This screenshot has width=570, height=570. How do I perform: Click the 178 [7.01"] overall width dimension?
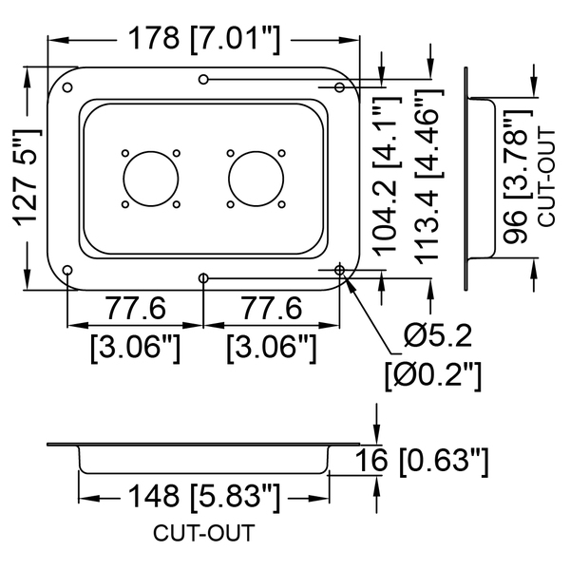pyautogui.click(x=204, y=39)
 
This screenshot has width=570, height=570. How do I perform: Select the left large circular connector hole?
pyautogui.click(x=151, y=179)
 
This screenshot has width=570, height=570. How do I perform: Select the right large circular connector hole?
pyautogui.click(x=256, y=179)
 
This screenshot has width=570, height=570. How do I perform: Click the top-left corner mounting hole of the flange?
pyautogui.click(x=67, y=87)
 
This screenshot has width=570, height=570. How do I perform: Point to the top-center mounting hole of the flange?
pyautogui.click(x=203, y=79)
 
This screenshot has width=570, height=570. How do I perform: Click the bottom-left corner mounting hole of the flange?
pyautogui.click(x=67, y=270)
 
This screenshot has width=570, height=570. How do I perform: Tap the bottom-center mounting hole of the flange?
pyautogui.click(x=203, y=278)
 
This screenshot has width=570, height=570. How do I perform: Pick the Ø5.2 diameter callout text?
pyautogui.click(x=437, y=335)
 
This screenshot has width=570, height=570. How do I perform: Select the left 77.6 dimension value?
pyautogui.click(x=135, y=308)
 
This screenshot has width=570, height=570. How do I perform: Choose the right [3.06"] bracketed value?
pyautogui.click(x=272, y=348)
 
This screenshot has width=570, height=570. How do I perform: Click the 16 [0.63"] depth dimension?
pyautogui.click(x=421, y=461)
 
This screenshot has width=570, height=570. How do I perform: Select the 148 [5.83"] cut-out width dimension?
pyautogui.click(x=204, y=496)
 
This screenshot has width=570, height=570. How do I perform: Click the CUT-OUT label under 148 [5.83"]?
pyautogui.click(x=203, y=533)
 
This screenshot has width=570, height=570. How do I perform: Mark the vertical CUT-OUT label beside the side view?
pyautogui.click(x=546, y=179)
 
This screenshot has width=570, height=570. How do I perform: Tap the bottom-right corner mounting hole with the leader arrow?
pyautogui.click(x=339, y=270)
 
